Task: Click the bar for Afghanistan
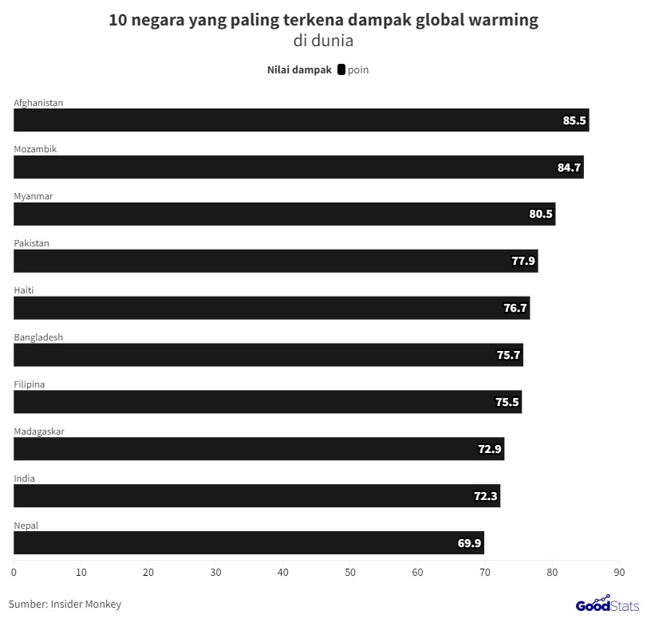(301, 120)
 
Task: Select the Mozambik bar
(298, 167)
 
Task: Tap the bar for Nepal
(248, 543)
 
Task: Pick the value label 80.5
(540, 215)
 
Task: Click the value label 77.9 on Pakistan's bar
(523, 262)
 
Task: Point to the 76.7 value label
(515, 309)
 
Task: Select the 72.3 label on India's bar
(485, 496)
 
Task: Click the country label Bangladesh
(38, 337)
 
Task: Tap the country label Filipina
(30, 384)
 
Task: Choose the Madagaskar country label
(39, 431)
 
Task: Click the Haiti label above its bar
(24, 290)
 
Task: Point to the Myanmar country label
(34, 196)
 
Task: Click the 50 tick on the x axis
(350, 572)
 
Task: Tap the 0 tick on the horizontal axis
(14, 572)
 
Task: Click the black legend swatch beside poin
(341, 70)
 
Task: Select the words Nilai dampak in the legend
(298, 70)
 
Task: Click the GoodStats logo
(607, 604)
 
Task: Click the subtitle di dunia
(323, 41)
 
